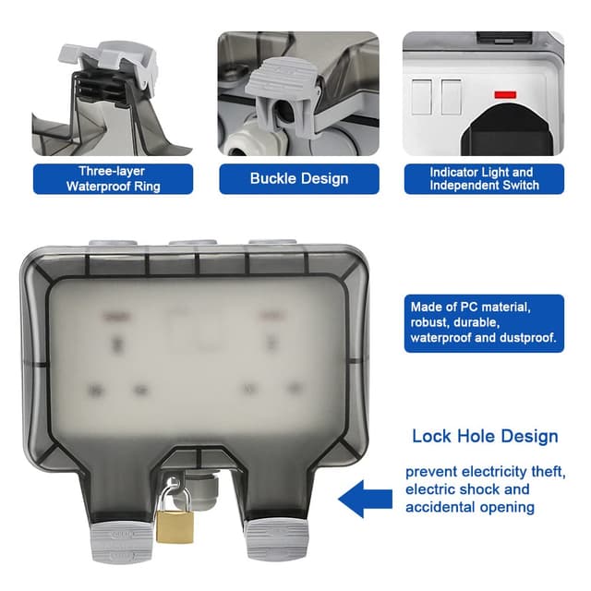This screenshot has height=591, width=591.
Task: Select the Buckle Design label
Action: point(298,178)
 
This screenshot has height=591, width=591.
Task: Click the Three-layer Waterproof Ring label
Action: point(113,178)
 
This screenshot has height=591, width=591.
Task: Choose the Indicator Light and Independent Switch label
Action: point(481,178)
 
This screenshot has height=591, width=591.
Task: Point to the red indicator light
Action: point(505,94)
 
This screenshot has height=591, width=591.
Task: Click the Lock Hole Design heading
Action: point(485,436)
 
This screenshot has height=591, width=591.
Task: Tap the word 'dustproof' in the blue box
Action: point(525,338)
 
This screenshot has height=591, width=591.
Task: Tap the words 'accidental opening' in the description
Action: point(469,507)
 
